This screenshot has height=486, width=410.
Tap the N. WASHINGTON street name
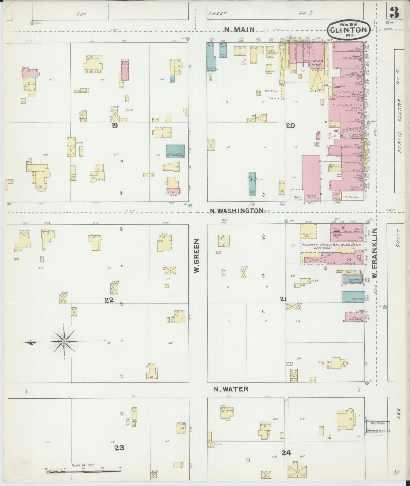click(x=237, y=210)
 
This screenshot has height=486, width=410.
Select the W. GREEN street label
click(x=196, y=255)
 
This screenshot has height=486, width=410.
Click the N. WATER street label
click(x=231, y=389)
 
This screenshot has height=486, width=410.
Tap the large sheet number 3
click(x=394, y=12)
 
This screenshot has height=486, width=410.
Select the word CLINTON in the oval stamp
click(x=349, y=30)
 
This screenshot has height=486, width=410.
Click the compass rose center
click(x=64, y=341)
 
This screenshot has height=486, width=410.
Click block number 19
click(x=114, y=126)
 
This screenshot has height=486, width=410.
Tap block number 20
click(x=291, y=126)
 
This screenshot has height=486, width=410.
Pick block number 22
click(x=109, y=300)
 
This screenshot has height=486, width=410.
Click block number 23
click(x=119, y=447)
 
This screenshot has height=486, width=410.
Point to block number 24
click(x=287, y=453)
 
